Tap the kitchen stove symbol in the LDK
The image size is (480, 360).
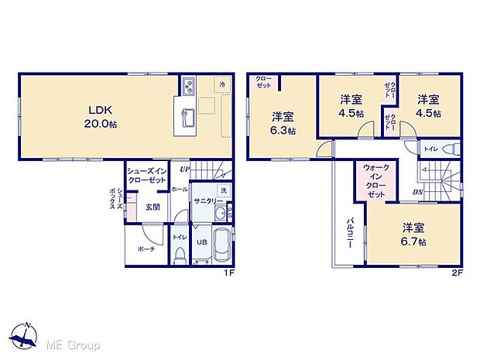pos(188,84)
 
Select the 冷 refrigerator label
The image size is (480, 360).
pos(222,84)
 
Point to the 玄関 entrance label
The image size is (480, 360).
pos(152,207)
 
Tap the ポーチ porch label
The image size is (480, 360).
pos(146,249)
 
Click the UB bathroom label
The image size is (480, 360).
pos(199,242)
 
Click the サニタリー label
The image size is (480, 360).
pos(204,201)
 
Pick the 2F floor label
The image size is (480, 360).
pos(458,273)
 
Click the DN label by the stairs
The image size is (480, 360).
pos(417,194)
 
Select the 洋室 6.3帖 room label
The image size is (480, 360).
pos(283,123)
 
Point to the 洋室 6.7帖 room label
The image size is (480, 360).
pos(413,234)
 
